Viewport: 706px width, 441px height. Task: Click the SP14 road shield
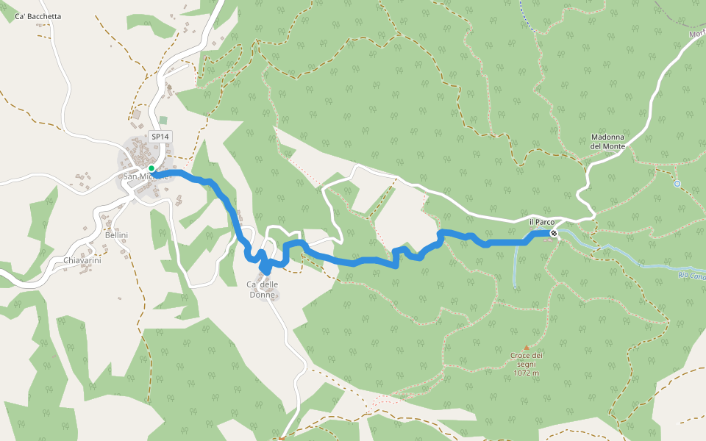160,137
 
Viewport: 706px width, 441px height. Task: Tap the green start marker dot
151,168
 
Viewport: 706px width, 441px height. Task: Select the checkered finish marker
553,233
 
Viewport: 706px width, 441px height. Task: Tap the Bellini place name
116,235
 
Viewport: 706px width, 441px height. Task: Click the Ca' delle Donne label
262,290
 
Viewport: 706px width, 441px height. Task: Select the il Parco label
541,222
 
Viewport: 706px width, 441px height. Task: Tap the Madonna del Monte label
608,142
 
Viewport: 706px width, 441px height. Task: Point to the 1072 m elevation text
526,373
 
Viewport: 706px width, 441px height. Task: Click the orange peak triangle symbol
526,347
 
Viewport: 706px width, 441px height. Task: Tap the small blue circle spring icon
677,184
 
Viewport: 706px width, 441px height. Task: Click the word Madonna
608,137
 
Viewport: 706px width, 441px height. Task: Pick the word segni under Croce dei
526,364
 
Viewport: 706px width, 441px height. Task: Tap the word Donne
262,295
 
